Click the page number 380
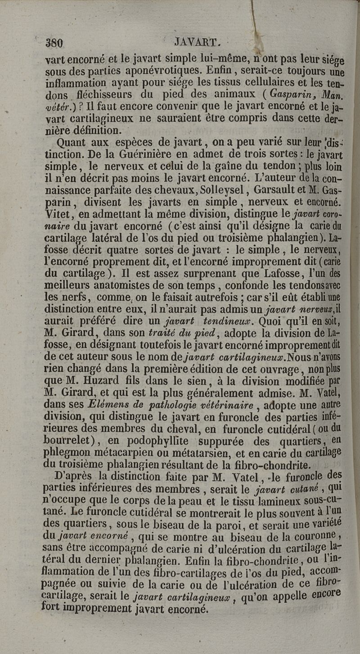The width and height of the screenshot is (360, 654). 54,43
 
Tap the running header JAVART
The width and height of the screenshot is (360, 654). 197,43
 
